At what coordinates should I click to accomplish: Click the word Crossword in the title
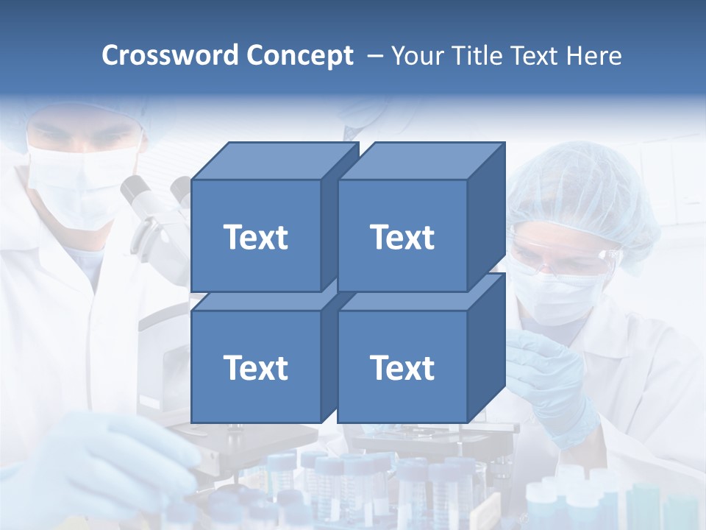(171, 56)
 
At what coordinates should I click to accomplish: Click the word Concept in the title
(299, 56)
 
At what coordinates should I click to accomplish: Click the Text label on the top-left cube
(255, 237)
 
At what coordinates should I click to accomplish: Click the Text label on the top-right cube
(402, 237)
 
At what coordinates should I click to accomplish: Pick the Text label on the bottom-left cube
(255, 367)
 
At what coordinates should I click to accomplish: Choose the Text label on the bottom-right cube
(402, 367)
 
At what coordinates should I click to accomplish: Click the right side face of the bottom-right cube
(486, 350)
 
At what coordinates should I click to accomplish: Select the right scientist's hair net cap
(588, 191)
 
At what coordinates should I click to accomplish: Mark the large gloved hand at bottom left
(110, 456)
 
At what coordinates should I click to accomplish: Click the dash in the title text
(374, 56)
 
